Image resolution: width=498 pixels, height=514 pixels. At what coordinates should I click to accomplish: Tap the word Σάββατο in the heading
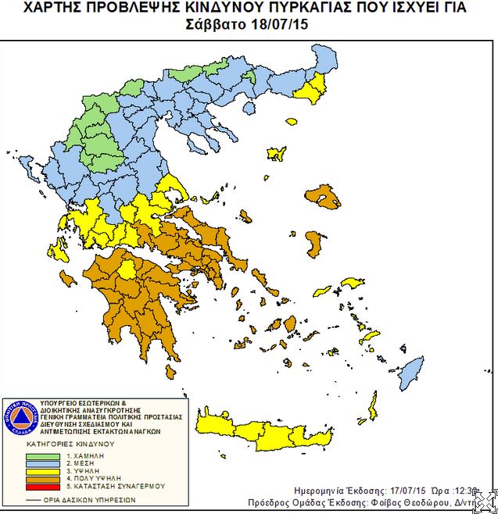pyautogui.click(x=219, y=23)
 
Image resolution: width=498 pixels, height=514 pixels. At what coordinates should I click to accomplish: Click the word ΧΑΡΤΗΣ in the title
pyautogui.click(x=56, y=8)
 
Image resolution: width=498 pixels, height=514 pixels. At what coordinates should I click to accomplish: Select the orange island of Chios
pyautogui.click(x=316, y=244)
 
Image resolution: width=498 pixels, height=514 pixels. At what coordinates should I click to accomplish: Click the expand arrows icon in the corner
pyautogui.click(x=484, y=501)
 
